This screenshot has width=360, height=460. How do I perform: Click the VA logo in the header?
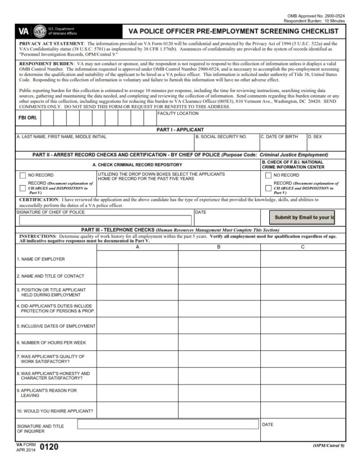(x=23, y=31)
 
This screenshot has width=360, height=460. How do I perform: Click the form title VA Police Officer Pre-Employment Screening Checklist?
(x=233, y=31)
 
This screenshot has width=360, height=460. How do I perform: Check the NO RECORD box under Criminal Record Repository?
(x=22, y=175)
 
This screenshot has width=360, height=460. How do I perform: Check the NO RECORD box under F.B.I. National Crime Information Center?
(x=268, y=175)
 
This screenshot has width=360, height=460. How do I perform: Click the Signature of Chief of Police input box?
(x=106, y=220)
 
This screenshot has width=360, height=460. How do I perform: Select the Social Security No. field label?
(x=221, y=137)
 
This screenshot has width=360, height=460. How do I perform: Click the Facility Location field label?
(x=178, y=114)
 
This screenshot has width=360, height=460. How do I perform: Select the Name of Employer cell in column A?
(x=137, y=259)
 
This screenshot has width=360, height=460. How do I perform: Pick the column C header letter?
(x=303, y=247)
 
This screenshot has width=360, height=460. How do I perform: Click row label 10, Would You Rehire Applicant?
(x=55, y=411)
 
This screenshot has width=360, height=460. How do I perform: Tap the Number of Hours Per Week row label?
(x=51, y=342)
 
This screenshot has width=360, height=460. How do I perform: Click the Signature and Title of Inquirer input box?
(x=169, y=424)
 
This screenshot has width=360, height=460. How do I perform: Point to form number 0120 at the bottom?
(x=49, y=447)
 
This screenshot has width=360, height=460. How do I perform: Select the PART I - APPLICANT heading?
(x=180, y=130)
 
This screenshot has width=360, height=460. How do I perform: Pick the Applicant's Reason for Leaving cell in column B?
(x=219, y=393)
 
